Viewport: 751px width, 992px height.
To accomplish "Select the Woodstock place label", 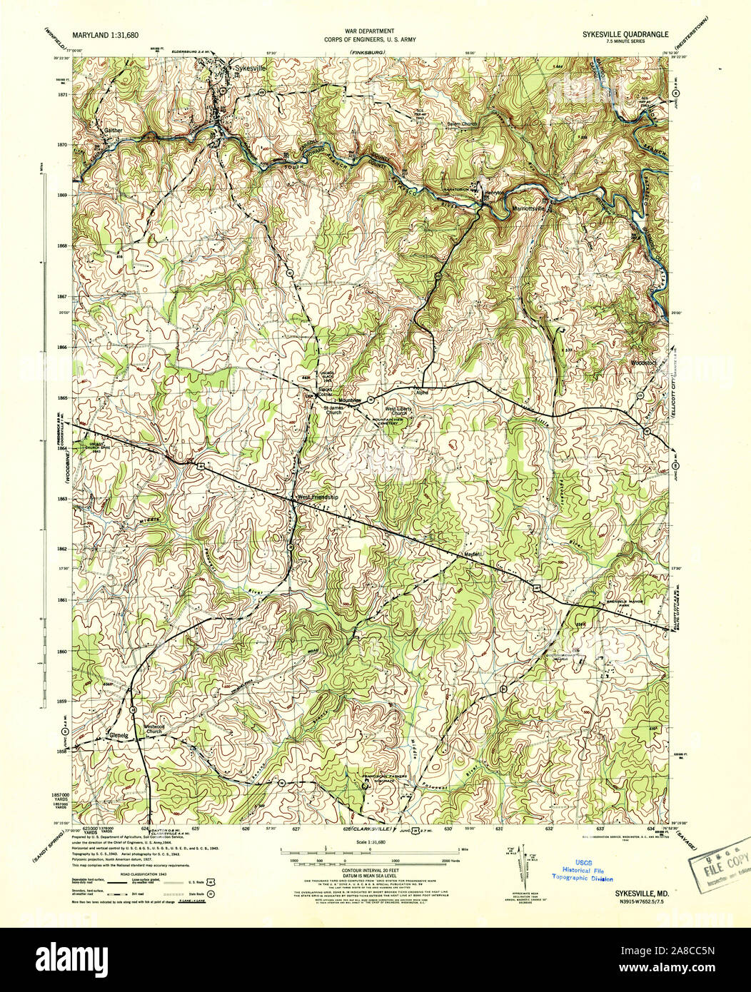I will [642, 363].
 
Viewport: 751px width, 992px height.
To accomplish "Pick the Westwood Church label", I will [156, 729].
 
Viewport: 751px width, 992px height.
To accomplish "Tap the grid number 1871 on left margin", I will [64, 94].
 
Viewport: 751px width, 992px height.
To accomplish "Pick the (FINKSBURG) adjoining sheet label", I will [367, 54].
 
